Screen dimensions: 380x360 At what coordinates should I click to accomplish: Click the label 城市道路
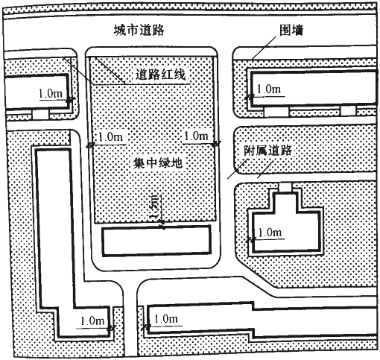pyautogui.click(x=139, y=31)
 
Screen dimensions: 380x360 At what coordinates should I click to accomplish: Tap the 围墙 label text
pyautogui.click(x=291, y=31)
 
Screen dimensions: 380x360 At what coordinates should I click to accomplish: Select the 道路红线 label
pyautogui.click(x=160, y=75)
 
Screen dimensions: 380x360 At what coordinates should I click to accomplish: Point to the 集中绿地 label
pyautogui.click(x=158, y=163)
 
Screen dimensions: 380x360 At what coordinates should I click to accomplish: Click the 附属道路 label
pyautogui.click(x=267, y=151)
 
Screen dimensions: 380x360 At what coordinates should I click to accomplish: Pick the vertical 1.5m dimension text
pyautogui.click(x=156, y=207)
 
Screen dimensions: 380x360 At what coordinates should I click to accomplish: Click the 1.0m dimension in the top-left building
pyautogui.click(x=51, y=94)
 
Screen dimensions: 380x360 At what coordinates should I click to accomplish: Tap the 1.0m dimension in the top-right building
pyautogui.click(x=269, y=89)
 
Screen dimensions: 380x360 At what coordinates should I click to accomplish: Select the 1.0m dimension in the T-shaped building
pyautogui.click(x=270, y=233)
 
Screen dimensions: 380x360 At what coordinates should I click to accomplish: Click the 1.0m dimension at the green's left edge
pyautogui.click(x=111, y=136)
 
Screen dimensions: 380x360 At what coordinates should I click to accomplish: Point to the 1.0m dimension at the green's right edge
pyautogui.click(x=196, y=136)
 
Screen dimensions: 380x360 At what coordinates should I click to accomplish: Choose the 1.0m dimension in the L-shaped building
pyautogui.click(x=92, y=321)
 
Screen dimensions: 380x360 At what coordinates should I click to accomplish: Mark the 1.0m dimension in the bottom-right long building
pyautogui.click(x=166, y=319)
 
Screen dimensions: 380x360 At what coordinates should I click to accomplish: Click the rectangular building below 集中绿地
pyautogui.click(x=157, y=241)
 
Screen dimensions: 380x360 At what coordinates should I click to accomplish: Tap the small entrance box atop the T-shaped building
pyautogui.click(x=285, y=187)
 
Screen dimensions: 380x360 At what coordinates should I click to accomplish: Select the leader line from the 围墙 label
pyautogui.click(x=264, y=48)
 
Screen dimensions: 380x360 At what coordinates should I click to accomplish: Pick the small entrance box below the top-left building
pyautogui.click(x=40, y=115)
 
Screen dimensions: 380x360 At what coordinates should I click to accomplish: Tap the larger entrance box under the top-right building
pyautogui.click(x=276, y=112)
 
